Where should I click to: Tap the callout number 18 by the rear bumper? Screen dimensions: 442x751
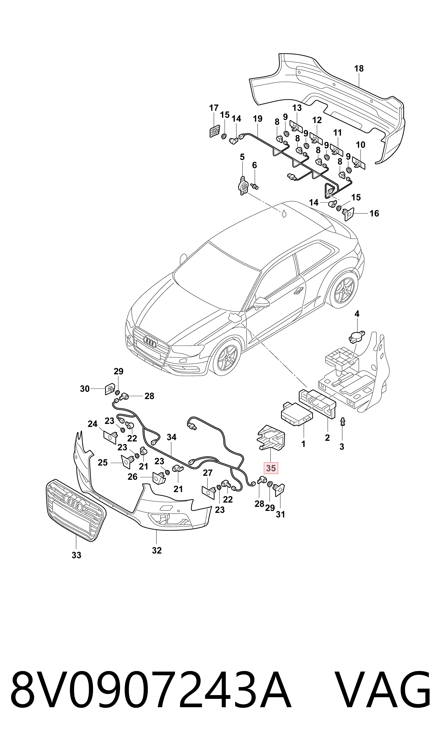359,69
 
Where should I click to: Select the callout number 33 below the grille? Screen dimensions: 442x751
77,555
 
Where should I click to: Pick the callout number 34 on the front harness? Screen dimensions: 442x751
172,437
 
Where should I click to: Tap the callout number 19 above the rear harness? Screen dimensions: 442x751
258,119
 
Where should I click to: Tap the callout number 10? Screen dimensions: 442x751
360,145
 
